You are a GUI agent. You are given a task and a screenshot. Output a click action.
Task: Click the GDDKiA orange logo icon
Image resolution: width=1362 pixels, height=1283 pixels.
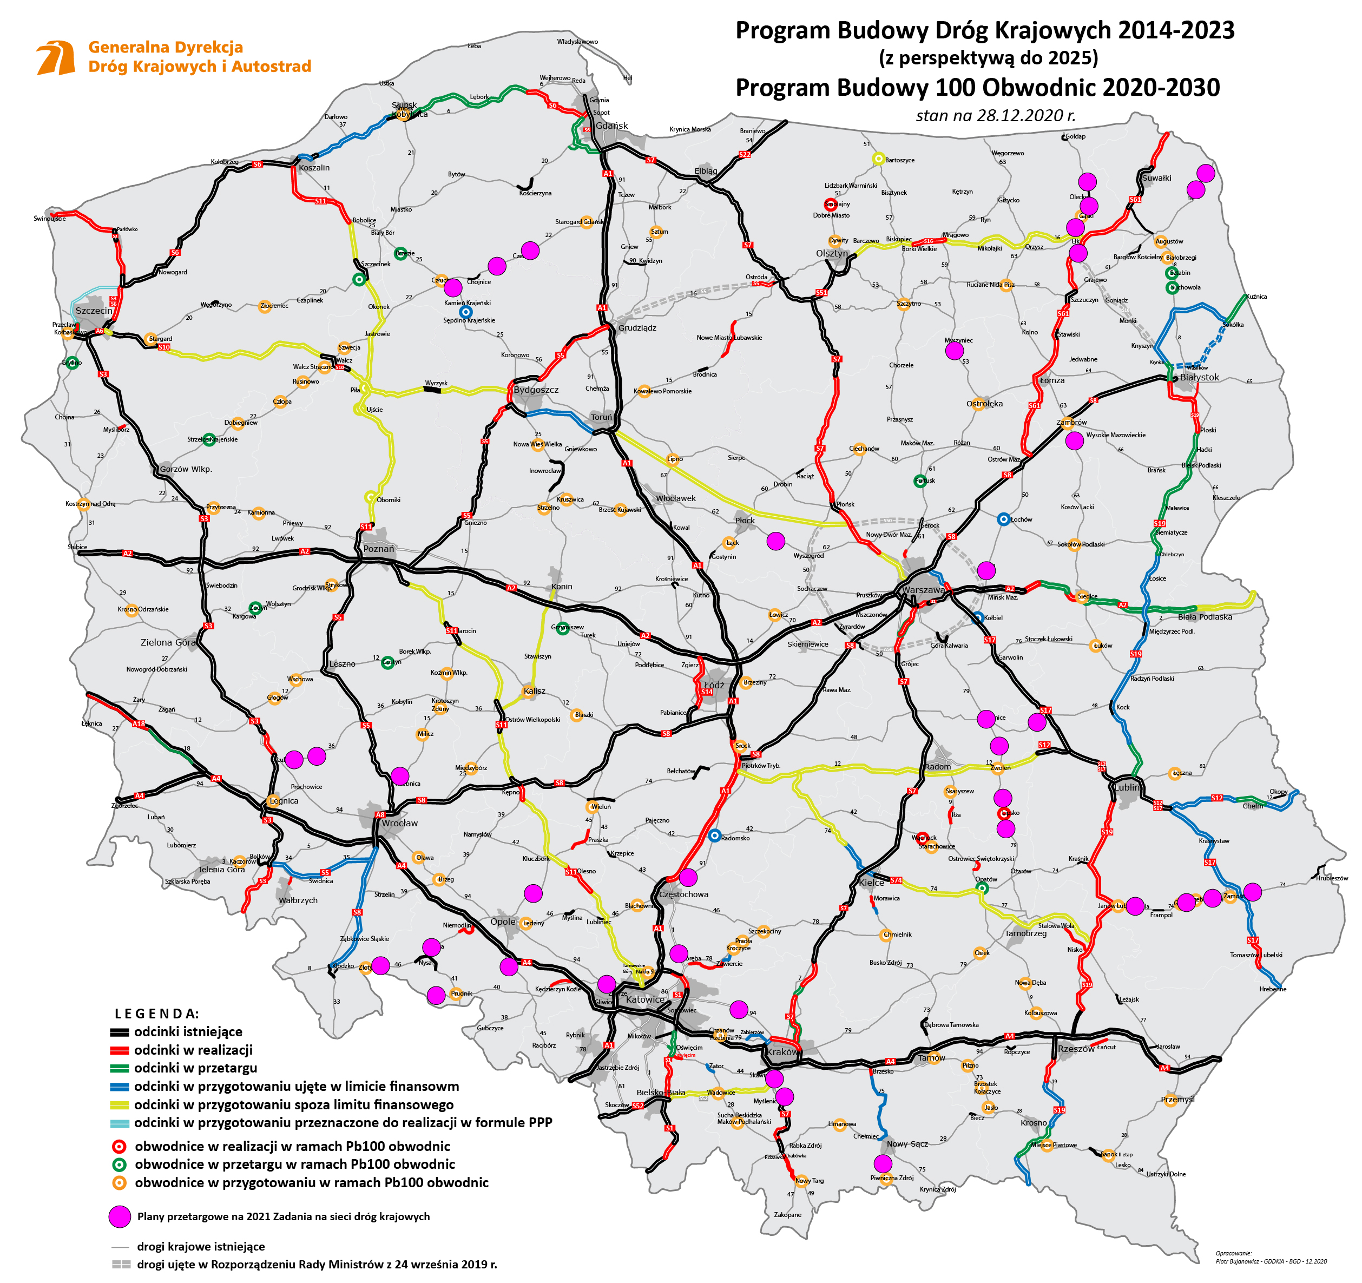tap(56, 57)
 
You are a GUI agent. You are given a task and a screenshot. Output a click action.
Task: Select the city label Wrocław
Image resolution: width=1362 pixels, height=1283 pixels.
tap(399, 824)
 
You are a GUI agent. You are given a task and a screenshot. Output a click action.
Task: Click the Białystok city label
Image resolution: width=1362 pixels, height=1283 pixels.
tap(1199, 378)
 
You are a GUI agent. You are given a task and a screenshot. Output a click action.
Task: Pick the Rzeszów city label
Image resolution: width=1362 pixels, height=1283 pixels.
tap(1076, 1049)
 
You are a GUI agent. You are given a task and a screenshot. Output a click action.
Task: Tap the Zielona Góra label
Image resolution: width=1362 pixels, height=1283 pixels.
tap(168, 642)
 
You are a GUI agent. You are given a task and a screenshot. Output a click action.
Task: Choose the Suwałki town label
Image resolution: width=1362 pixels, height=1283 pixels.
tap(1156, 178)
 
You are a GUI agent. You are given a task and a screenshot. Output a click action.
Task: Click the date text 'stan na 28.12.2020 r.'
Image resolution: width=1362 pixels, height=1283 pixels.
tap(996, 115)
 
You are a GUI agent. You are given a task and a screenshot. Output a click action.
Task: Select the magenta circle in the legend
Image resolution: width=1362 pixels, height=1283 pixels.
tap(120, 1216)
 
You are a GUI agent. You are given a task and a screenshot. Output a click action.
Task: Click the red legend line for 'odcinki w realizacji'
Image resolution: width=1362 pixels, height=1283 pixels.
tap(120, 1050)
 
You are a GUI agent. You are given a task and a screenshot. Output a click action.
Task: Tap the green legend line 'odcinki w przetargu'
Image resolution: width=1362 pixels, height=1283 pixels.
tap(120, 1068)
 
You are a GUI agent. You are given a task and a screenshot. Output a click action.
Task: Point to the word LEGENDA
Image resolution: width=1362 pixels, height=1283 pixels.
tap(157, 1014)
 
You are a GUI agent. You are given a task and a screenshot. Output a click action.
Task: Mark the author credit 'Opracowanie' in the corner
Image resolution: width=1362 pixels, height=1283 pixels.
tap(1233, 1253)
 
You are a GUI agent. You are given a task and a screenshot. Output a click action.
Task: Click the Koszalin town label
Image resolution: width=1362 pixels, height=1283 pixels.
tap(314, 168)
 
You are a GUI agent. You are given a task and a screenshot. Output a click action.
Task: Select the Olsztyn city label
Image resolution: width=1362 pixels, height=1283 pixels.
tap(832, 253)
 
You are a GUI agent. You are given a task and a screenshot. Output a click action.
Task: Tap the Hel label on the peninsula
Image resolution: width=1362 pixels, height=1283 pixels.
tap(628, 78)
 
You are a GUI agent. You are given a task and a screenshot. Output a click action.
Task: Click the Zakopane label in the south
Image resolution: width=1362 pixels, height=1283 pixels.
tap(787, 1214)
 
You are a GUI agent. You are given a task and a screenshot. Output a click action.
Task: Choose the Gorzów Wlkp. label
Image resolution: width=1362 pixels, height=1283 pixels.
tap(186, 469)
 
